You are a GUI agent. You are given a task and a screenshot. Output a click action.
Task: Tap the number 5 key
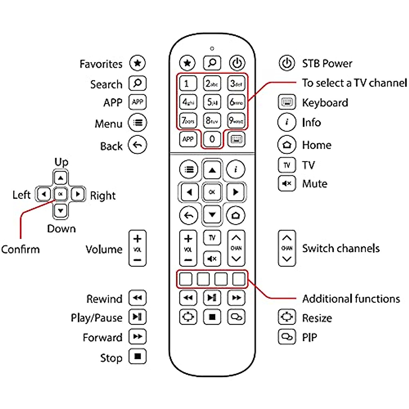pos(212,102)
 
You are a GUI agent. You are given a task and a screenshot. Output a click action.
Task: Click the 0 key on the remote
pos(212,139)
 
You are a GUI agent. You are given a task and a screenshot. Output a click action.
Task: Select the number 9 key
pos(236,120)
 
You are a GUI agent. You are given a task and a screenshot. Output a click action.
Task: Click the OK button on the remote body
pos(212,192)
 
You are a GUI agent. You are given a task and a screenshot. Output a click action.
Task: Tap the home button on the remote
pos(236,215)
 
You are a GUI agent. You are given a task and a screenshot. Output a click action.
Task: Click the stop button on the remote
pos(212,317)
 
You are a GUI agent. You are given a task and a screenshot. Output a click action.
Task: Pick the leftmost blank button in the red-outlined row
pos(186,279)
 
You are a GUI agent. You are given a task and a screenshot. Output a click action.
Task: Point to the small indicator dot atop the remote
pos(212,49)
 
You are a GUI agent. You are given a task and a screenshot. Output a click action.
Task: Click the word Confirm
pos(20,249)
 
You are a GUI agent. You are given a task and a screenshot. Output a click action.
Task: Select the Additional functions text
pos(351,299)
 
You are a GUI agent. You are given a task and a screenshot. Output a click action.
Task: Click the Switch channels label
pos(341,248)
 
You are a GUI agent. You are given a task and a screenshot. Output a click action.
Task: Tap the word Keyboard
pos(325,103)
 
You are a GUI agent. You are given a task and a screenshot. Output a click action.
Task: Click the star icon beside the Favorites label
pos(137,63)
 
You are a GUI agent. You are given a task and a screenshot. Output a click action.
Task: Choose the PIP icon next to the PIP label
pos(287,337)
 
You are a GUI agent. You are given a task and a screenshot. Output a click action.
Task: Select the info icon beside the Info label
pos(287,122)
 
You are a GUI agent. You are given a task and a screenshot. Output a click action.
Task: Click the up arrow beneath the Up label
pos(61,178)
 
